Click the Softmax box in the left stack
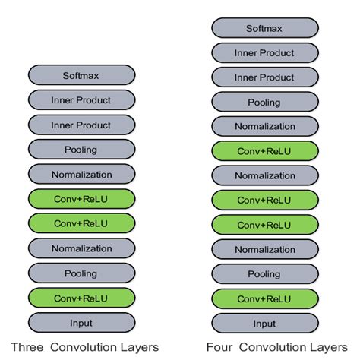pos(81,75)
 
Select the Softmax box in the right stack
pos(265,28)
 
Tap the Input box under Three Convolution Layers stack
pos(81,323)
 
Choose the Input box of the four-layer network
pos(265,323)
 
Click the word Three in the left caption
pos(27,347)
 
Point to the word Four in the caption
pos(219,347)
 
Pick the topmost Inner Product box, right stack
pos(265,52)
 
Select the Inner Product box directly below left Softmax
pos(81,99)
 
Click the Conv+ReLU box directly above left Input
pos(81,298)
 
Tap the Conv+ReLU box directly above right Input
pos(265,298)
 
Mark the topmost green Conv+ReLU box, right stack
pos(265,151)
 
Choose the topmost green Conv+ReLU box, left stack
pos(81,199)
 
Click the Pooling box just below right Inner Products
pos(265,102)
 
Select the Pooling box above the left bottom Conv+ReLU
pos(81,273)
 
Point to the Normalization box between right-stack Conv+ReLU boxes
pos(265,175)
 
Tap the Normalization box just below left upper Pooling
pos(81,174)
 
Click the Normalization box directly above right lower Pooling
pos(265,249)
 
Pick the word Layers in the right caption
pos(331,347)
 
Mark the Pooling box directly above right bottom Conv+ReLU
pos(265,274)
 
